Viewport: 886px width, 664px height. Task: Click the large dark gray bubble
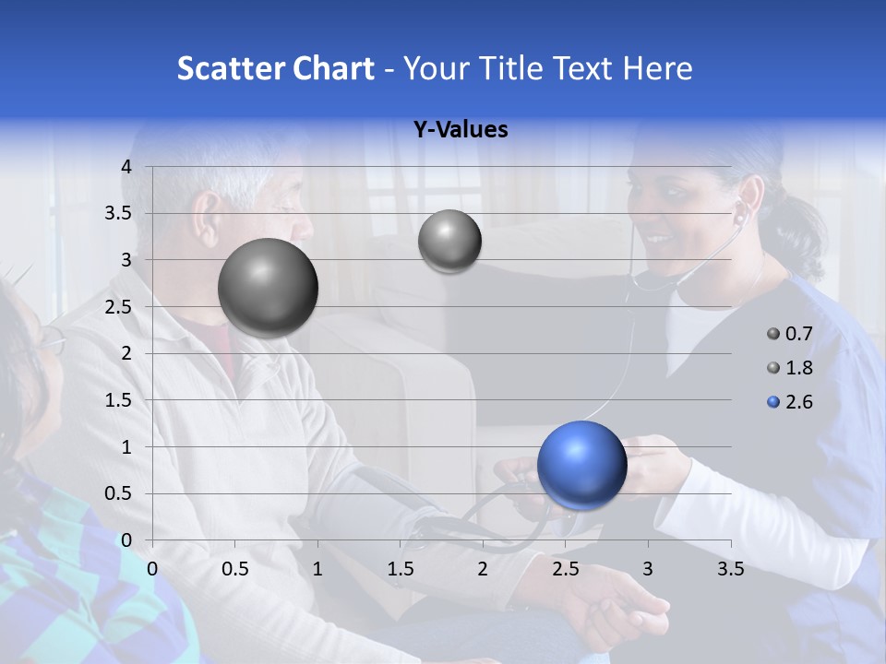268,288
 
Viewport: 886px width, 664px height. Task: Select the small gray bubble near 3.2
449,242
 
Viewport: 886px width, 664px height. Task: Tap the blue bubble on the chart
581,465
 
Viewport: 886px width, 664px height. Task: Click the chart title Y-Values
461,130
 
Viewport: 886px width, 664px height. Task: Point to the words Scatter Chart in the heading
275,68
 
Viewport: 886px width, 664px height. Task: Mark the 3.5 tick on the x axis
730,569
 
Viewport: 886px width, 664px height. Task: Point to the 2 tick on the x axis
483,569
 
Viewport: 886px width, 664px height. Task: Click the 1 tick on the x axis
318,569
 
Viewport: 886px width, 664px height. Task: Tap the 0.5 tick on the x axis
235,569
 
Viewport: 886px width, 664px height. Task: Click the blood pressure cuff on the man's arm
369,503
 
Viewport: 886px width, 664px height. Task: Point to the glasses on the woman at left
51,341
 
